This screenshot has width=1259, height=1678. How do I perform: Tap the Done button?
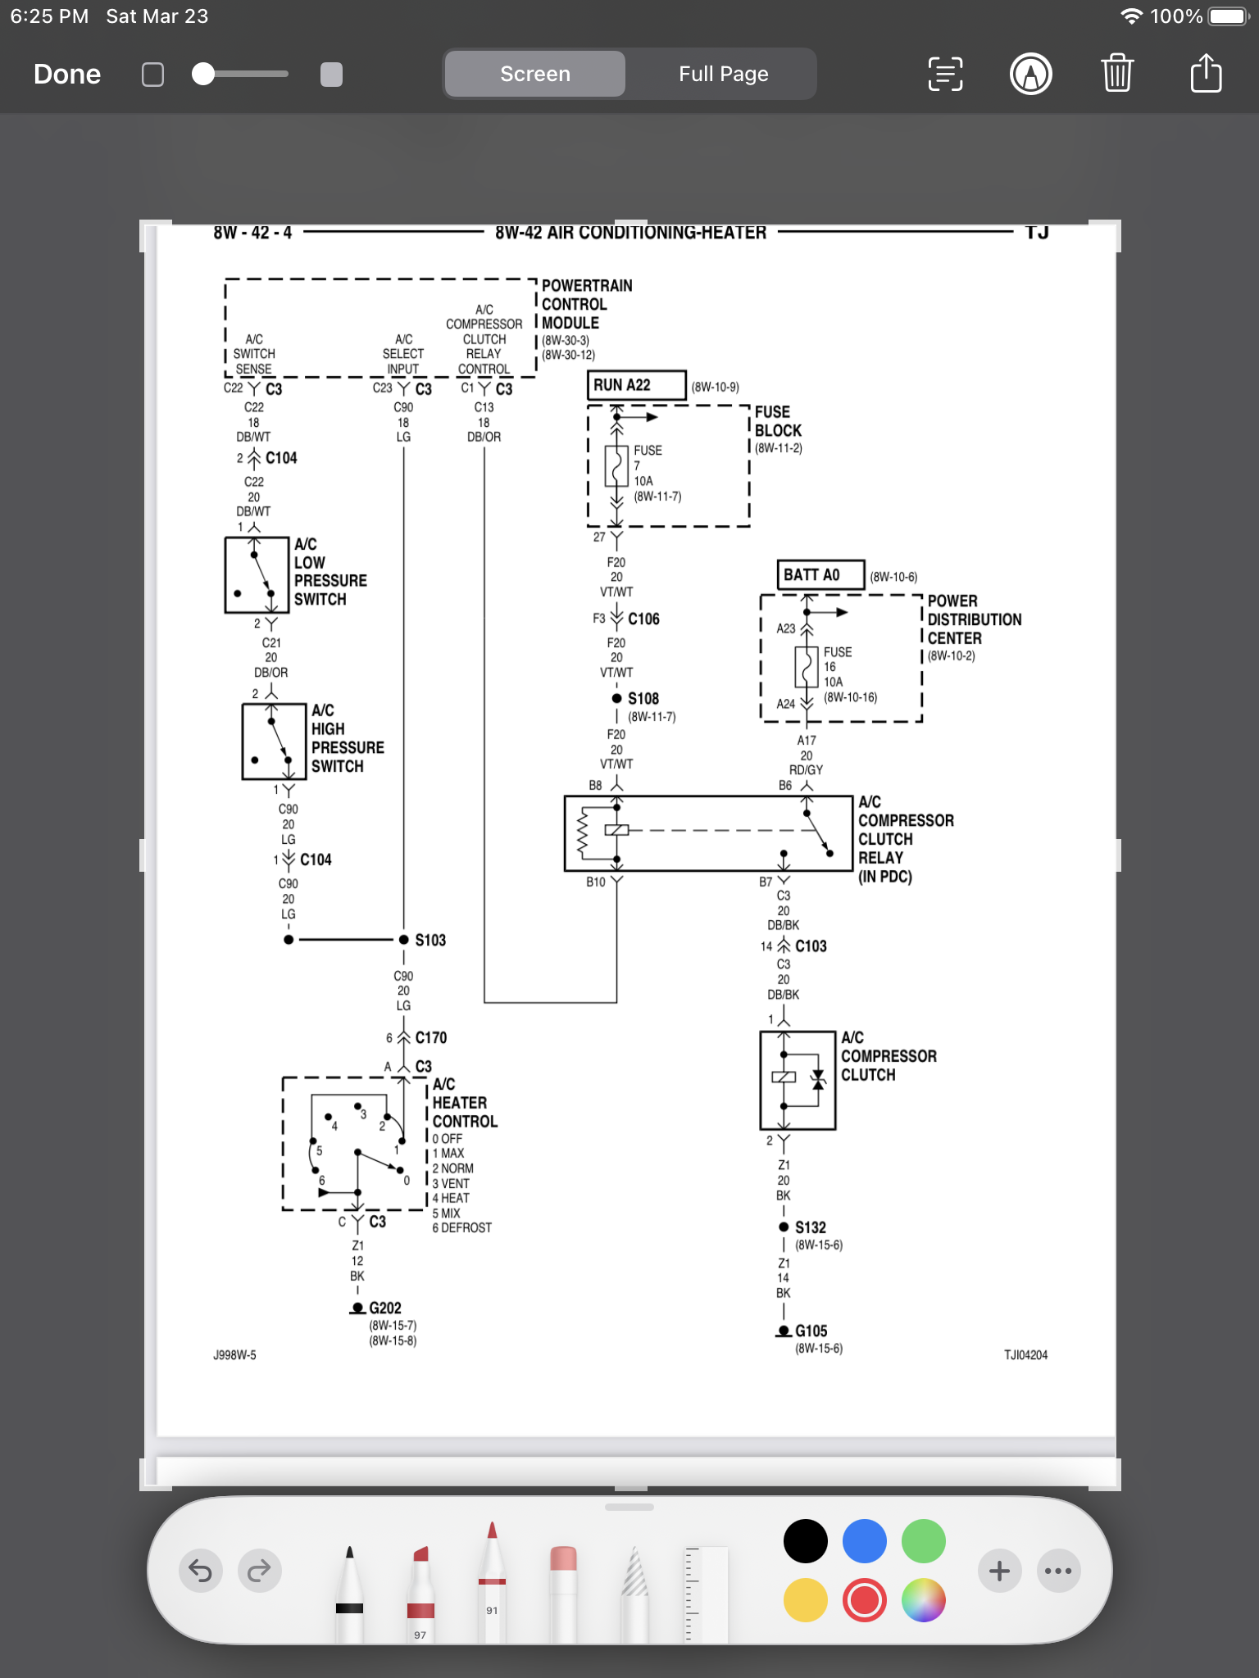tap(67, 75)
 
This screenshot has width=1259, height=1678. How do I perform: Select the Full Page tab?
tap(723, 75)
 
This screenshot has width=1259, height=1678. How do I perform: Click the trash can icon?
tap(1116, 74)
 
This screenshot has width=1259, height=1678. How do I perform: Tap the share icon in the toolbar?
tap(1205, 74)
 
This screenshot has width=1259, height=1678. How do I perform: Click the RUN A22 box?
tap(636, 385)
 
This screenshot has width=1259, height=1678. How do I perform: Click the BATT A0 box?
tap(820, 575)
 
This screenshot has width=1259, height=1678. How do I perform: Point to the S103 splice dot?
tap(404, 940)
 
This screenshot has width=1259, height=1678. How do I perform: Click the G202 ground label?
tap(384, 1308)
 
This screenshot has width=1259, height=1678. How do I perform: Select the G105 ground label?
tap(811, 1331)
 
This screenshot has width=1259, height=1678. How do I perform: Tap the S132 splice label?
tap(810, 1227)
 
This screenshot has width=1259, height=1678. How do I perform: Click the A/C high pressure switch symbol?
tap(274, 741)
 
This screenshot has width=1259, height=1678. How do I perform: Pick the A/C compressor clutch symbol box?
tap(798, 1080)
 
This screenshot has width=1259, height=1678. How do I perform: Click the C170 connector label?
tap(430, 1038)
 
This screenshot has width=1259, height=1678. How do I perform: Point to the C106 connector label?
tap(643, 619)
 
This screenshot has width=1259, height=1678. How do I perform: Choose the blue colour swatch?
tap(864, 1541)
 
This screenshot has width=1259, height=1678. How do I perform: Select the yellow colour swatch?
tap(805, 1600)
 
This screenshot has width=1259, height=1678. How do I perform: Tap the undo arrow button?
tap(201, 1571)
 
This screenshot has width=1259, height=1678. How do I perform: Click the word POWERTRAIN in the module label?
tap(587, 286)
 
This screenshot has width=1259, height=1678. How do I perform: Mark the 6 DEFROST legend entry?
tap(461, 1228)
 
